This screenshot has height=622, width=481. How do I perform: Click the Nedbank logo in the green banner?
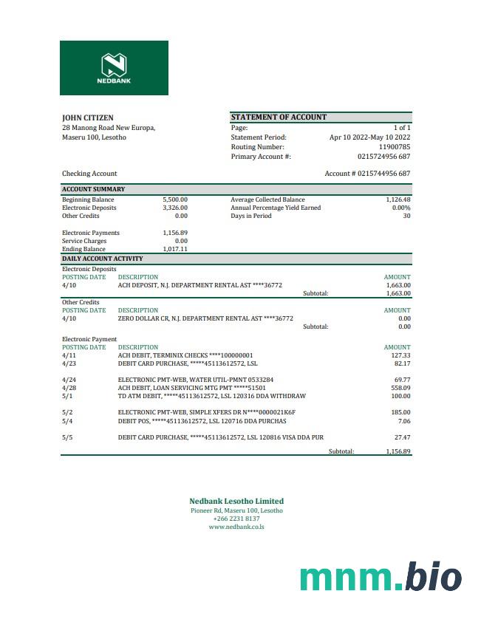(x=114, y=67)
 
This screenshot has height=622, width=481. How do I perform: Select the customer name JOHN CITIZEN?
(x=87, y=117)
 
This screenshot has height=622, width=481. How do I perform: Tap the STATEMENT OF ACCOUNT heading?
(x=279, y=117)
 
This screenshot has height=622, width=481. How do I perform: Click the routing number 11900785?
(x=395, y=147)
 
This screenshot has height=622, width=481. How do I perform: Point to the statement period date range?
(x=369, y=137)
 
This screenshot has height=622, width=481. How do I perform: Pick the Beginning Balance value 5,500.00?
(x=175, y=199)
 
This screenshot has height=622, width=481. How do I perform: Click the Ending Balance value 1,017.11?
(x=175, y=249)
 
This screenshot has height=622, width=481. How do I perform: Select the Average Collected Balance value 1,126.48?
(x=398, y=199)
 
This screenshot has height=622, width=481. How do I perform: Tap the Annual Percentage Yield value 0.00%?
(x=400, y=208)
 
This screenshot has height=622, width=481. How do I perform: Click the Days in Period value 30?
(x=406, y=216)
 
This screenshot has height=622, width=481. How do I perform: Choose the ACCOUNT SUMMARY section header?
(x=93, y=189)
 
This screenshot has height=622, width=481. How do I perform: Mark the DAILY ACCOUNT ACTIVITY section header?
(x=102, y=259)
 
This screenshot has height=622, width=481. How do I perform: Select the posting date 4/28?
(x=69, y=388)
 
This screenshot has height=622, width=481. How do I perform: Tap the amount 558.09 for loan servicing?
(x=400, y=388)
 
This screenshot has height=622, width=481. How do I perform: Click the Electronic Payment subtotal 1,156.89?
(x=398, y=451)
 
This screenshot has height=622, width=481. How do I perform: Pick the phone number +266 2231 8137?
(x=236, y=519)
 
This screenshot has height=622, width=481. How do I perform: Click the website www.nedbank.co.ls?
(x=236, y=527)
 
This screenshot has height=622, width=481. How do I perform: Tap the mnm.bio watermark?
(x=381, y=577)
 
